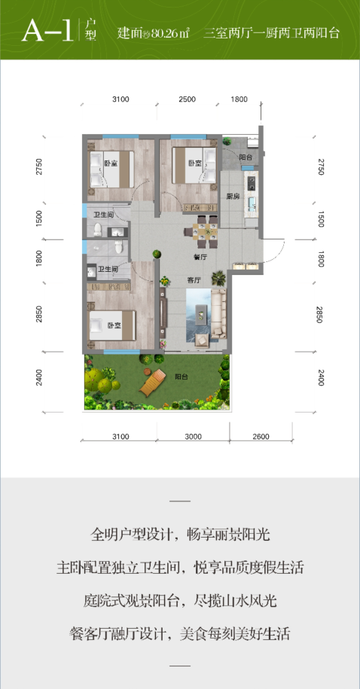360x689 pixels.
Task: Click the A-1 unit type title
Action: click(x=47, y=31)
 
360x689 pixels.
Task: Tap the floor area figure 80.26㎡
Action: click(x=169, y=33)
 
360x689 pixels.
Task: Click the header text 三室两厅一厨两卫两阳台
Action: click(x=272, y=33)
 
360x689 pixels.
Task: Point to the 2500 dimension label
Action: click(x=187, y=99)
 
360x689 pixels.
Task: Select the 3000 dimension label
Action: click(x=193, y=436)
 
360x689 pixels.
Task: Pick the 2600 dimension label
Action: click(x=261, y=436)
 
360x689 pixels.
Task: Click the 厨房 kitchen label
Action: click(x=233, y=197)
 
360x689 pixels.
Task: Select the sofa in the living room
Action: click(x=218, y=314)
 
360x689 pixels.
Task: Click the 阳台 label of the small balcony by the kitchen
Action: click(x=246, y=157)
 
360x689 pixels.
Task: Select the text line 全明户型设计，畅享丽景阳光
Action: click(x=180, y=535)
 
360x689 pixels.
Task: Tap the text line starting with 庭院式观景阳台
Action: click(x=180, y=601)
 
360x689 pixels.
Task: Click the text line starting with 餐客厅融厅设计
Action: click(x=180, y=634)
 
